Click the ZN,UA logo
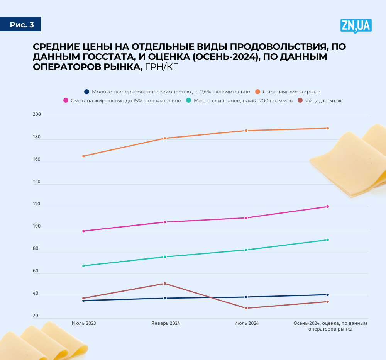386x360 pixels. pyautogui.click(x=356, y=25)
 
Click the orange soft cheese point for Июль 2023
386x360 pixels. pyautogui.click(x=83, y=156)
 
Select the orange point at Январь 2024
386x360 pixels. pyautogui.click(x=165, y=138)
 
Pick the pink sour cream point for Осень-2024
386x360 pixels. pyautogui.click(x=327, y=207)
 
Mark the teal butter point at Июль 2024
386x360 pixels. pyautogui.click(x=246, y=250)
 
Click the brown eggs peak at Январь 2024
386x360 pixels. pyautogui.click(x=165, y=284)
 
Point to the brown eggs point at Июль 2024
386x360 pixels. pyautogui.click(x=246, y=308)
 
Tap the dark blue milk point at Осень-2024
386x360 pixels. pyautogui.click(x=327, y=295)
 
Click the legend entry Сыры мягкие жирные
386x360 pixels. pyautogui.click(x=291, y=92)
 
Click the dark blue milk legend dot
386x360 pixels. pyautogui.click(x=87, y=92)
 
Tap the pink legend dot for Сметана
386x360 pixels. pyautogui.click(x=66, y=101)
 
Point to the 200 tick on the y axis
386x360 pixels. pyautogui.click(x=37, y=114)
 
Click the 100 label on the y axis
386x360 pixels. pyautogui.click(x=37, y=226)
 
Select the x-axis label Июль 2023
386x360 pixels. pyautogui.click(x=84, y=323)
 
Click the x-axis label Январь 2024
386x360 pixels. pyautogui.click(x=165, y=323)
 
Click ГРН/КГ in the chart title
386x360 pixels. pyautogui.click(x=162, y=67)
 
